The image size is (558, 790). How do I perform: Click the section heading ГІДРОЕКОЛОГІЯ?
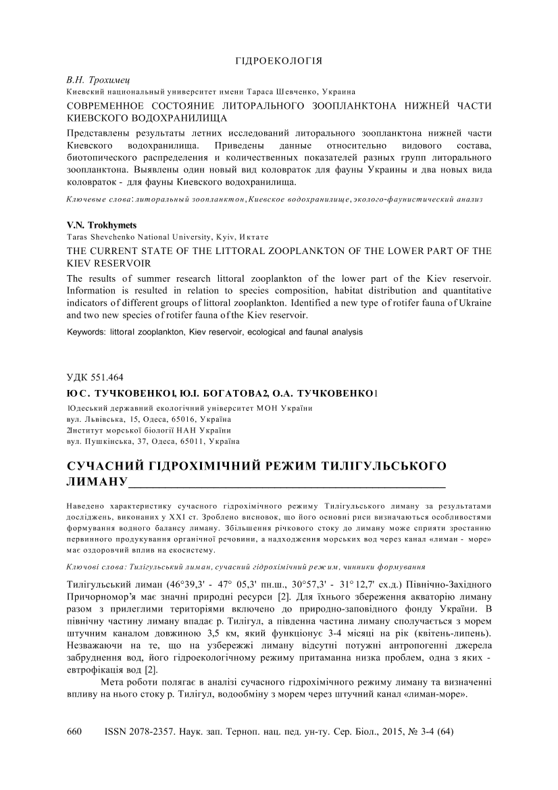pos(278,61)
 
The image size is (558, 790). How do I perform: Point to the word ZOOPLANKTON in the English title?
pos(328,251)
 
